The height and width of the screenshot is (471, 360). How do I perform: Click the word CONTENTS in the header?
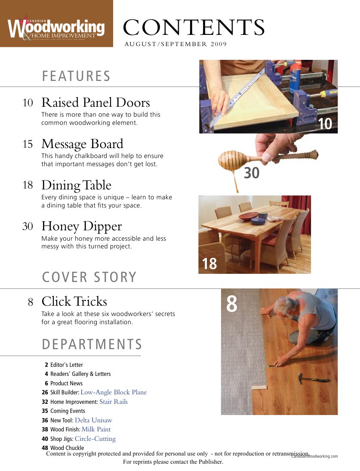tap(194, 28)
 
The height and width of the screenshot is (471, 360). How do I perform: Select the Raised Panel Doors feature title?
tap(95, 103)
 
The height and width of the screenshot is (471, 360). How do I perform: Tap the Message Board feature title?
tap(82, 144)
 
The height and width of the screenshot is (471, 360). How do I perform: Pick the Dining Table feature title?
tap(76, 186)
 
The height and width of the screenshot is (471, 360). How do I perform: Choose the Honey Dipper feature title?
tap(82, 227)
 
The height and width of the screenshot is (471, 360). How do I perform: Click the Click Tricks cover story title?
tap(74, 301)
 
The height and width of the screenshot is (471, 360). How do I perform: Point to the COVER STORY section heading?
tap(89, 278)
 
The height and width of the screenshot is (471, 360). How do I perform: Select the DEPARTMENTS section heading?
tap(92, 344)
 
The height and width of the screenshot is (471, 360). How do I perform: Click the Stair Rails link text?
tap(114, 402)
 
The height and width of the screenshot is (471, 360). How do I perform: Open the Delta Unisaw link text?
tap(93, 421)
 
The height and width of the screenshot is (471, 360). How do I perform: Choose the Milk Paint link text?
tap(96, 430)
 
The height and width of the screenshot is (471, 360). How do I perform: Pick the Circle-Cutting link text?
tap(95, 439)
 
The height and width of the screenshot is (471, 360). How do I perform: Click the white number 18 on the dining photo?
tap(209, 264)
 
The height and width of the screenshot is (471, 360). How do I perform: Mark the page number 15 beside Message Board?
tap(28, 145)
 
